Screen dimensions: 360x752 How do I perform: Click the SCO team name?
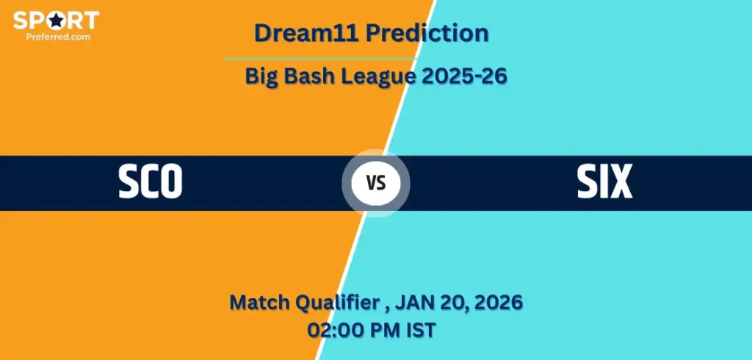point(151,181)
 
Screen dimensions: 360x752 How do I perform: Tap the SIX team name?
point(604,181)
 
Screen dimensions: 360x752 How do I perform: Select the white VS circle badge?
point(376,183)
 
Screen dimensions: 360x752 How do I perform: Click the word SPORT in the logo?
point(56,20)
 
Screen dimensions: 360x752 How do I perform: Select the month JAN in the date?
point(420,302)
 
